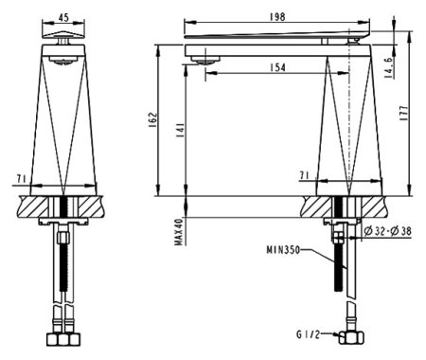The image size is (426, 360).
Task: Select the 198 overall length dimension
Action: coord(278,15)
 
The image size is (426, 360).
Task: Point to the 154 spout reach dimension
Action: coord(277,67)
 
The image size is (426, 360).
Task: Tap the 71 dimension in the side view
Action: coord(305,175)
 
